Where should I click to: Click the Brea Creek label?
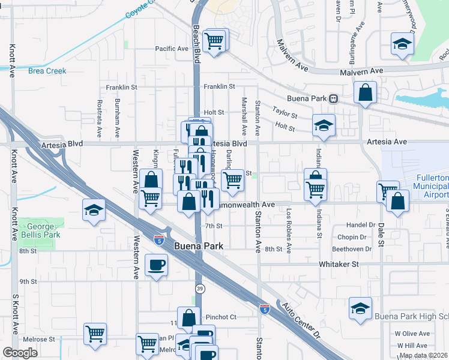click(x=47, y=71)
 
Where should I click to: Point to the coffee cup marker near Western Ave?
click(x=157, y=265)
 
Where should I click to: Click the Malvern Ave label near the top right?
click(x=361, y=71)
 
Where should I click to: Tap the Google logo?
click(x=20, y=353)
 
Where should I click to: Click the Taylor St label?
click(x=285, y=112)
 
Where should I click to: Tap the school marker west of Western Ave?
click(x=94, y=210)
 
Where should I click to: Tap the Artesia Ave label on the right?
click(x=387, y=142)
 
